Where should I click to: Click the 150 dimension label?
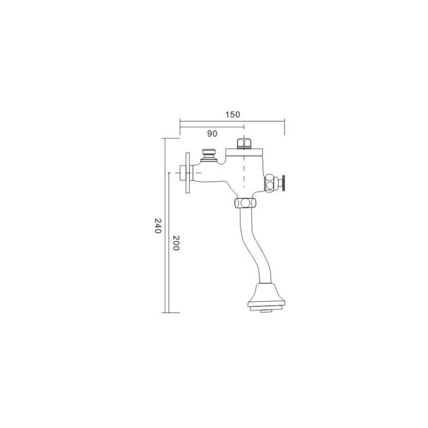[x=233, y=114]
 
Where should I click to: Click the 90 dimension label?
[x=212, y=134]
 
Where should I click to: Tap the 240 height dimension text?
[x=158, y=225]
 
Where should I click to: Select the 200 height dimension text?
[x=176, y=243]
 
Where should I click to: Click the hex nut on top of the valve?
[x=244, y=144]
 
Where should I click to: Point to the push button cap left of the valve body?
[x=209, y=155]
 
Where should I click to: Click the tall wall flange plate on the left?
[x=188, y=173]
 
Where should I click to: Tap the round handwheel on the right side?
[x=284, y=184]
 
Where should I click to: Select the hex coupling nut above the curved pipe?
[x=246, y=203]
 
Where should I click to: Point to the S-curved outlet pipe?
[x=256, y=246]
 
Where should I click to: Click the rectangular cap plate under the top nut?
[x=244, y=152]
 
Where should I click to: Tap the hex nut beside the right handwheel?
[x=271, y=184]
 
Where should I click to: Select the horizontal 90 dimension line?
[x=212, y=127]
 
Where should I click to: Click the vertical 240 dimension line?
[x=165, y=225]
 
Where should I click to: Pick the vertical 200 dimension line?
[x=169, y=243]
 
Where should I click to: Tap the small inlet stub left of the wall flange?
[x=182, y=173]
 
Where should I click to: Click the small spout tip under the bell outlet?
[x=266, y=311]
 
